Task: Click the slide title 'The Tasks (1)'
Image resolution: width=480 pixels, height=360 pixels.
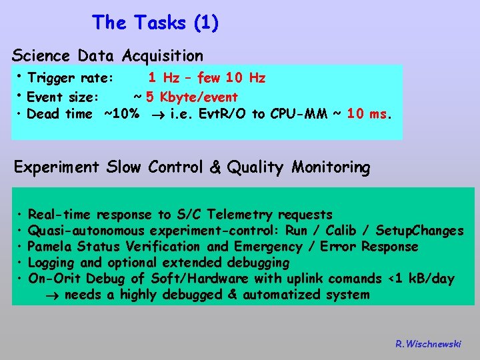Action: coord(155,23)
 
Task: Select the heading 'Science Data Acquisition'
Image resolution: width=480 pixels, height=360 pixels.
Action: coord(107,55)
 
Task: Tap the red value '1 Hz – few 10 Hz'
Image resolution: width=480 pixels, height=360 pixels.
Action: coord(207,79)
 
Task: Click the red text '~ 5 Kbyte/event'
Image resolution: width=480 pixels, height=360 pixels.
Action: coord(186,97)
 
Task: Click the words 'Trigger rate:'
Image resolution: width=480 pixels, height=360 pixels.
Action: coord(71,79)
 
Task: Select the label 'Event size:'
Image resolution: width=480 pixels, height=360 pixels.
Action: coord(63,97)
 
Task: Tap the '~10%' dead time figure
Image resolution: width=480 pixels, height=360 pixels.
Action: coord(121,114)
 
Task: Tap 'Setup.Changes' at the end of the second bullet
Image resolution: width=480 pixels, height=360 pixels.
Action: coord(420,231)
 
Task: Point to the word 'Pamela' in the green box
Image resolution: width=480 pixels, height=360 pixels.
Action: coord(50,247)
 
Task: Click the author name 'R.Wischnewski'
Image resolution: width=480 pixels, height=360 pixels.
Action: coord(427,344)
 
